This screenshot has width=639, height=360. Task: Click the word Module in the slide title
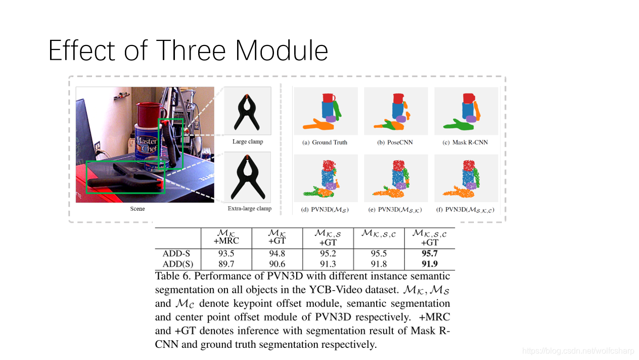282,51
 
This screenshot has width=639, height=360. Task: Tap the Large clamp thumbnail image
247,111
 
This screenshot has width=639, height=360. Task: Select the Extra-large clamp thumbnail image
247,177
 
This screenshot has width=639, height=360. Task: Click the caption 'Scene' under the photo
138,208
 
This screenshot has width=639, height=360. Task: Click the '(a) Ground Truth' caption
325,143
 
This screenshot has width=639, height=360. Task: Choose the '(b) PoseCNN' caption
395,143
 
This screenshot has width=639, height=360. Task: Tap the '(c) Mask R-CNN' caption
465,143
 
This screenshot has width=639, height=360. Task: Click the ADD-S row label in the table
176,254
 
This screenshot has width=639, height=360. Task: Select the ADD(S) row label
176,264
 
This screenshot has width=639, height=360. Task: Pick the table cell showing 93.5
225,254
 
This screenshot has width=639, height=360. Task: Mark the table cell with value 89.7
225,264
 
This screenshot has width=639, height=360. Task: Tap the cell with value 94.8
277,254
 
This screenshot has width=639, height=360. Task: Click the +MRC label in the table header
226,241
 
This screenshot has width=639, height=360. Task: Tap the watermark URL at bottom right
578,350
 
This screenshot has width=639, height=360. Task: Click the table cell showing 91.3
328,264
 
